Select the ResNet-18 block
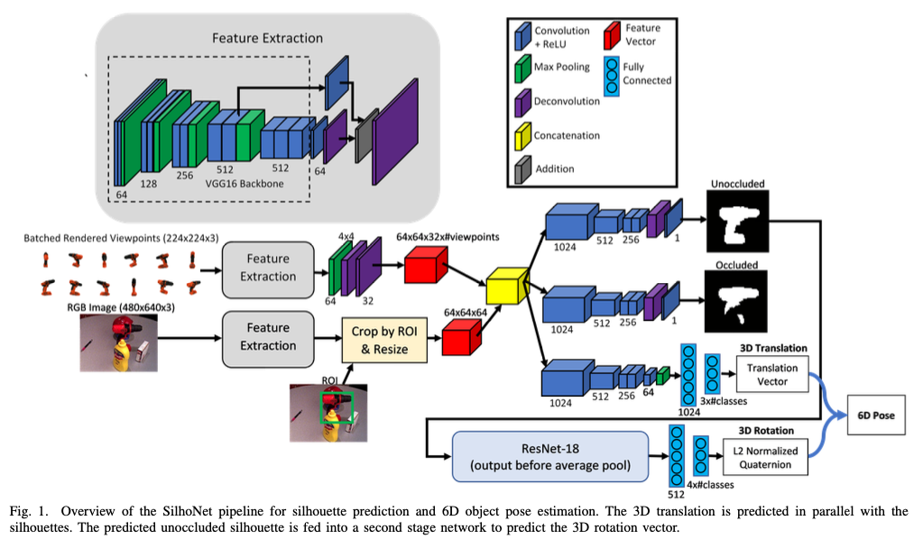[x=550, y=455]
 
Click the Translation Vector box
[x=772, y=374]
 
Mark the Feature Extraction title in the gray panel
[x=267, y=38]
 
